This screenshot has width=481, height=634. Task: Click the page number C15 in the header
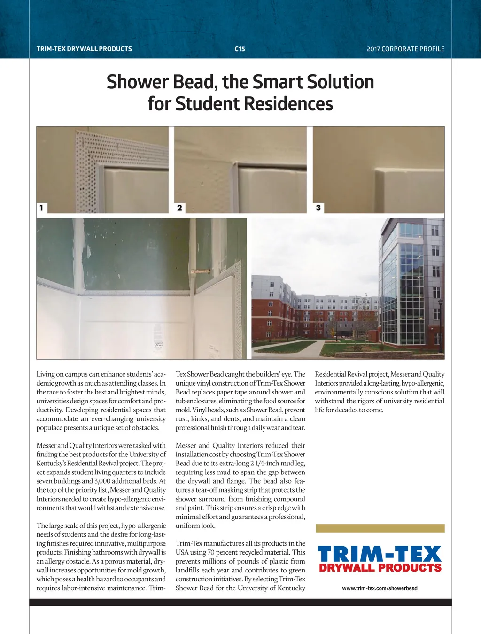(x=240, y=49)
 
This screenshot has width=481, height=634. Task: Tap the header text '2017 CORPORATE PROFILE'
(x=405, y=49)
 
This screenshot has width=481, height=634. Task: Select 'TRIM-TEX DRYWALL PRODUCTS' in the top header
(x=84, y=49)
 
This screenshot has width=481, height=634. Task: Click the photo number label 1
(x=41, y=208)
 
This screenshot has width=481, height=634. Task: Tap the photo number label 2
(x=179, y=208)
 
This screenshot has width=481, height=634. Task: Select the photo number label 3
(x=318, y=208)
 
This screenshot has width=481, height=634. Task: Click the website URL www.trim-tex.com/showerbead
(x=380, y=588)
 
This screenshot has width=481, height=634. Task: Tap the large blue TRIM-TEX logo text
(x=380, y=554)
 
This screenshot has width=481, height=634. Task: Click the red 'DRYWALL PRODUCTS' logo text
(x=380, y=568)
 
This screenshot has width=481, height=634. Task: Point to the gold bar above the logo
(x=380, y=528)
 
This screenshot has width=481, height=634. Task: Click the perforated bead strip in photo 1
(x=87, y=169)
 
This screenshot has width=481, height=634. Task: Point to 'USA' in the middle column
(x=182, y=552)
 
